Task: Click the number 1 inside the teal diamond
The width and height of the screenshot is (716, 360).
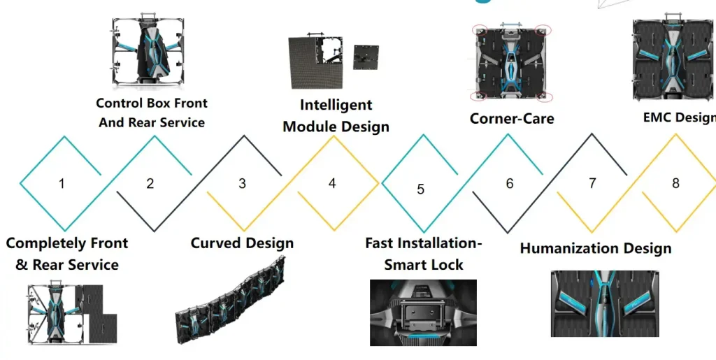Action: [x=62, y=185]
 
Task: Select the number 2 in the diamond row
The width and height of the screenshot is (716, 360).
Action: [x=150, y=185]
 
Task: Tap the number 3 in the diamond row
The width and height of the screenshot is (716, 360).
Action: [x=242, y=184]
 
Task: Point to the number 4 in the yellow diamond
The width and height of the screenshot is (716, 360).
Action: [x=332, y=184]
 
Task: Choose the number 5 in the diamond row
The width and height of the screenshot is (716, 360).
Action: [x=420, y=189]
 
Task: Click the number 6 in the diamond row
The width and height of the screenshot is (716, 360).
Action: [x=510, y=184]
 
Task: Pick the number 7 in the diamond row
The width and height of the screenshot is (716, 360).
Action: [x=592, y=184]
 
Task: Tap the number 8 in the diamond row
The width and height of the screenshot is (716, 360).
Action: [x=675, y=184]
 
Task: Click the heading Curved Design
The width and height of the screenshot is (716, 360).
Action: [x=242, y=243]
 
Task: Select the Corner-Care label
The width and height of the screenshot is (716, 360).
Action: [x=512, y=119]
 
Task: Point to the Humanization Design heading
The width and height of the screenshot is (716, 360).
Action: [x=595, y=248]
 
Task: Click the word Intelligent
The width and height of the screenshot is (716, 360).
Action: [x=336, y=106]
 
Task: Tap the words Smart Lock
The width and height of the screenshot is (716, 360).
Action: [x=424, y=265]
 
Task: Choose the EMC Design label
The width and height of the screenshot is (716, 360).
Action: [x=679, y=117]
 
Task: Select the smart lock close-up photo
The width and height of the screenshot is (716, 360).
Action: [x=423, y=312]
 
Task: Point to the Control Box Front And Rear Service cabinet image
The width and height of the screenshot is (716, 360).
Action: [x=150, y=53]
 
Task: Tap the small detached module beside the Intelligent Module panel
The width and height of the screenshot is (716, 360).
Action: [x=366, y=57]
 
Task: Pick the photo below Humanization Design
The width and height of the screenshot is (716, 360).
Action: [x=604, y=303]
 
